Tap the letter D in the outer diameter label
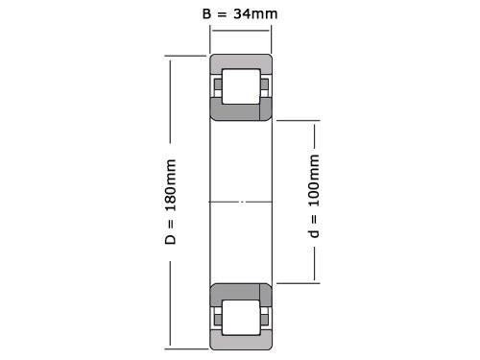[x=170, y=236]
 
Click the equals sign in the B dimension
[x=222, y=14]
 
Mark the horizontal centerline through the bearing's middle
[x=241, y=202]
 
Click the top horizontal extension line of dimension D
[x=187, y=56]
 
